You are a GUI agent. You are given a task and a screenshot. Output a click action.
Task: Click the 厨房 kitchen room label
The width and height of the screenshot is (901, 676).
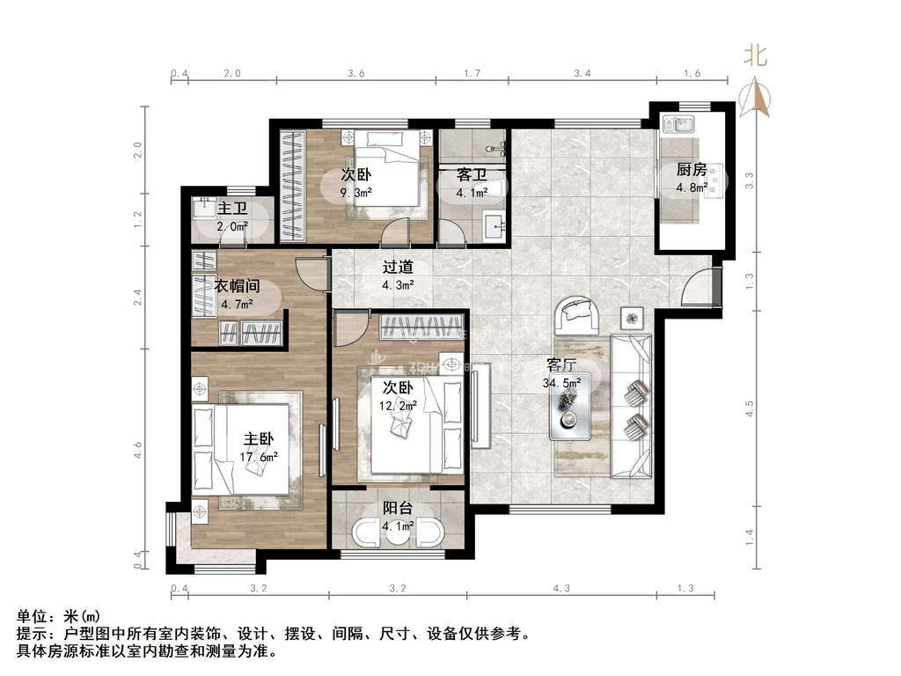point(692,170)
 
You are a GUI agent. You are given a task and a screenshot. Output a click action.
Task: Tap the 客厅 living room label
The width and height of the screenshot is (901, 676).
point(560,365)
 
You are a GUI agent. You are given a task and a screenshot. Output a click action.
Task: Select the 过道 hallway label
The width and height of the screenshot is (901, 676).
point(398,268)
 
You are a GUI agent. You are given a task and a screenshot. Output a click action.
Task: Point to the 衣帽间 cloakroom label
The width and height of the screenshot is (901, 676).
point(237,286)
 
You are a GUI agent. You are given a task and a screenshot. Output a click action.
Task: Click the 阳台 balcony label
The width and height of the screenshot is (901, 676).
point(398,508)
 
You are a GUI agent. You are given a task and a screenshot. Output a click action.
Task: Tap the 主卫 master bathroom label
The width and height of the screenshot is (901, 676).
point(232,208)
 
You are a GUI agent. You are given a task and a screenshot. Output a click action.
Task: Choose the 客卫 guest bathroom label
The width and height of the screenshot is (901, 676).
point(472,175)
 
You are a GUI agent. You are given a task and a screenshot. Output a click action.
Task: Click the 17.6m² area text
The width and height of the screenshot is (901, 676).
point(259,458)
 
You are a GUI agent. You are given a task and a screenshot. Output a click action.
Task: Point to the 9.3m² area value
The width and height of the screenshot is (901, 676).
point(355,193)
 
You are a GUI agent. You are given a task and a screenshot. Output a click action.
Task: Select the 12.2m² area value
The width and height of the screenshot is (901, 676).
point(398,406)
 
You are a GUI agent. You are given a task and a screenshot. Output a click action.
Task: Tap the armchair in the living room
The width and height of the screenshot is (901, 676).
point(577,315)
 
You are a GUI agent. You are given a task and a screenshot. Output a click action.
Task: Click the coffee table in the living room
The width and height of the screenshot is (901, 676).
point(570,407)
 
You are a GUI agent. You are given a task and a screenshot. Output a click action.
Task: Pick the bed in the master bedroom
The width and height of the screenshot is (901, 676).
point(241,449)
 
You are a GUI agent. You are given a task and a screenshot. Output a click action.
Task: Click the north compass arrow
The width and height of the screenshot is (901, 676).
point(755,98)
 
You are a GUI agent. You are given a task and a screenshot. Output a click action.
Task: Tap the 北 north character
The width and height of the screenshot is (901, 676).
point(756,55)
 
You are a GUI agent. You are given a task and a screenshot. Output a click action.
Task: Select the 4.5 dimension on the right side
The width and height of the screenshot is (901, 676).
point(749,408)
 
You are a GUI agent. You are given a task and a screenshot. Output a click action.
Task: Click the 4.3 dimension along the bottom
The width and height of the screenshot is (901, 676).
point(561,588)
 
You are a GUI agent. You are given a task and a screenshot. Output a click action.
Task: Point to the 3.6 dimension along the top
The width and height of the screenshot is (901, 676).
point(356,73)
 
